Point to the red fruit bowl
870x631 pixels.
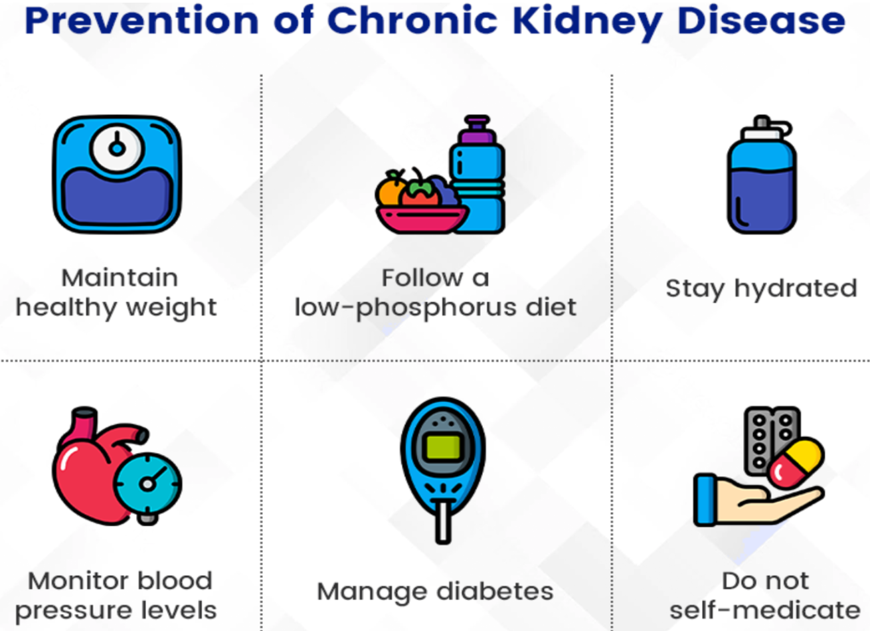click(x=422, y=219)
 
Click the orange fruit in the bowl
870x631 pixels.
click(x=391, y=190)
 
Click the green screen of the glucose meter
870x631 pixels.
click(x=443, y=446)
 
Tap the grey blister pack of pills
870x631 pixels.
click(x=770, y=438)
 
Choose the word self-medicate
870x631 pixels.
click(x=765, y=610)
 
